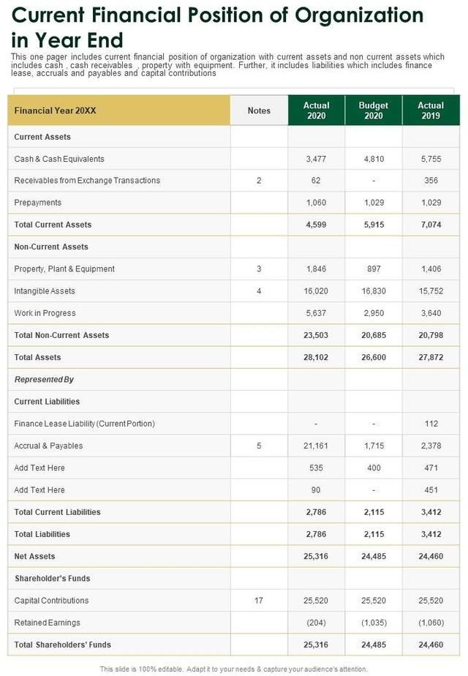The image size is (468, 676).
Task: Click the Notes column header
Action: [x=259, y=110]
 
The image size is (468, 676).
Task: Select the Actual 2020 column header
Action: [x=316, y=110]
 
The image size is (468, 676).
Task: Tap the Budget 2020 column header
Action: [x=373, y=110]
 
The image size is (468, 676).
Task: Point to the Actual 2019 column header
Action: [x=431, y=110]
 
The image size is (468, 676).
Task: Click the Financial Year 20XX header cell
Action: [x=56, y=110]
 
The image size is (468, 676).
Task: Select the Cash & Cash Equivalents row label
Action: [x=59, y=159]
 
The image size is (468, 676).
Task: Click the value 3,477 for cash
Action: [x=316, y=159]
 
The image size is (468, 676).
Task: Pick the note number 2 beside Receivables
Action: [x=259, y=181]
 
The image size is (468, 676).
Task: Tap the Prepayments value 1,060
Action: [x=316, y=203]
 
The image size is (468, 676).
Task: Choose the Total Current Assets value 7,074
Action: [x=431, y=225]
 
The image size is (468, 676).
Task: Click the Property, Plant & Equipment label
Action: [x=64, y=269]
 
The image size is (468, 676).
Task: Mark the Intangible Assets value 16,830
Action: [x=373, y=291]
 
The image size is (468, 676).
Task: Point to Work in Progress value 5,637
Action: [x=316, y=313]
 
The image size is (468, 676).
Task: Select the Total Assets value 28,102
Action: [x=316, y=358]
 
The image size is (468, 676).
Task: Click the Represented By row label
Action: [x=44, y=380]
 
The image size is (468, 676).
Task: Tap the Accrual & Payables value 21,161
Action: [x=316, y=446]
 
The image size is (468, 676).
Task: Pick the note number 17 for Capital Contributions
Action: [x=259, y=601]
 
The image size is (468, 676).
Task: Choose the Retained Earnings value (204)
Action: [x=316, y=623]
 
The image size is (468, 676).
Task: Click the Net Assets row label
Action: [x=34, y=557]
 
